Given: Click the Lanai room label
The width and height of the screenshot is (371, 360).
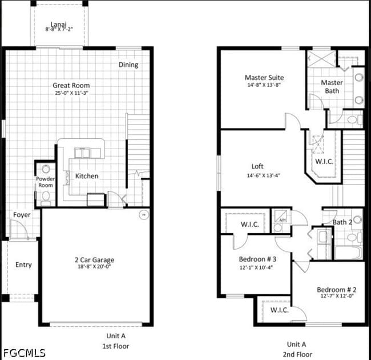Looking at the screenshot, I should (58, 24).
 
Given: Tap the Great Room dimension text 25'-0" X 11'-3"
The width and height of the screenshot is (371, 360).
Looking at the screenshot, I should (71, 93).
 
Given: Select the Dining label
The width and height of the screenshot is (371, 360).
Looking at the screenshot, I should (128, 65).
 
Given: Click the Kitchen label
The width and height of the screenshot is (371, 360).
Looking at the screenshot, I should (87, 176).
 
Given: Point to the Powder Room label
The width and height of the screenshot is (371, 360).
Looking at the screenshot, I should (46, 182).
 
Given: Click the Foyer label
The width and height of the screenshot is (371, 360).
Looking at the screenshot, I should (22, 215).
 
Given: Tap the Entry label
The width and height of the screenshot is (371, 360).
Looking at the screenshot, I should (23, 265).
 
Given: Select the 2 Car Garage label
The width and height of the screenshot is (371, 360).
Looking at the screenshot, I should (95, 260).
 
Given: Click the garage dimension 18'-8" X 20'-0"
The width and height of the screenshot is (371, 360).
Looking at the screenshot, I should (95, 266).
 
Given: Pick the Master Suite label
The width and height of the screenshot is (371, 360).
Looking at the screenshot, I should (264, 78).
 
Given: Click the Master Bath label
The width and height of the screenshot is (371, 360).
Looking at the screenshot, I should (332, 87).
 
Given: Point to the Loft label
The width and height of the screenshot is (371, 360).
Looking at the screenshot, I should (257, 167).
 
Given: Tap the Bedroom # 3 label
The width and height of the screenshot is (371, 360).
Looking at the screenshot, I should (257, 259).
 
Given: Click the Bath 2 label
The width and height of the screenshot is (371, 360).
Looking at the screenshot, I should (342, 222).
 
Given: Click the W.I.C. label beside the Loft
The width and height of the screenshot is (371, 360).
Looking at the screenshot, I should (325, 161).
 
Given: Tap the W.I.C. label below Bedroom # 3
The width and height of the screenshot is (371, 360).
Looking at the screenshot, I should (279, 310).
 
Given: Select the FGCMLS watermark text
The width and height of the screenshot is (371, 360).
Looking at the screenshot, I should (23, 353).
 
